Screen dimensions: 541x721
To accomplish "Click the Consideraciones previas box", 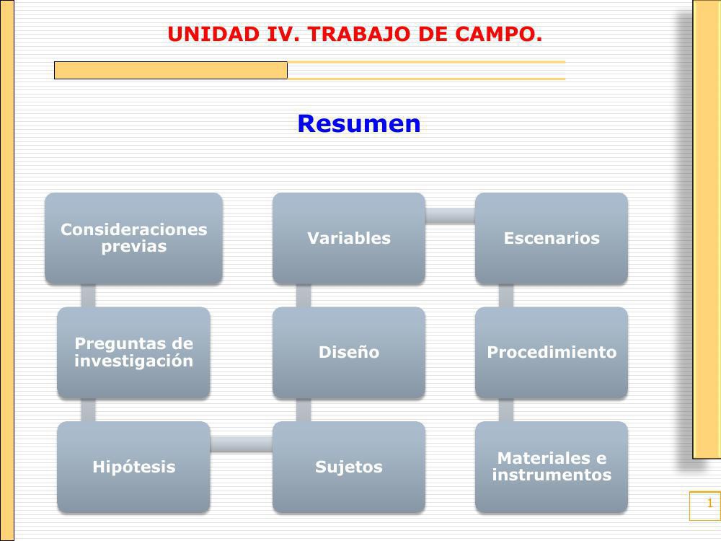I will pyautogui.click(x=133, y=238).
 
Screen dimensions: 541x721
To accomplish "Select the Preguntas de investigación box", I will pyautogui.click(x=133, y=352).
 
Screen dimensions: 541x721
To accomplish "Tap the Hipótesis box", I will pyautogui.click(x=133, y=467).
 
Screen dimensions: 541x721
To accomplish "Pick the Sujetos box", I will pyautogui.click(x=348, y=467).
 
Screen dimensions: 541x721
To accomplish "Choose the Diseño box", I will pyautogui.click(x=348, y=352).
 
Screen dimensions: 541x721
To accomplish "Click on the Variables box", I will pyautogui.click(x=348, y=238).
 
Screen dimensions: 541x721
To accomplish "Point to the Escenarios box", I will pyautogui.click(x=551, y=238).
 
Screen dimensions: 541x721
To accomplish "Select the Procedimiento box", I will pyautogui.click(x=551, y=352).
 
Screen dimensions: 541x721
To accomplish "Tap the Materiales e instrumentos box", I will pyautogui.click(x=551, y=467).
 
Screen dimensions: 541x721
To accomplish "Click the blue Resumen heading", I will pyautogui.click(x=358, y=124).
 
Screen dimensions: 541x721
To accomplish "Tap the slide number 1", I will pyautogui.click(x=709, y=503).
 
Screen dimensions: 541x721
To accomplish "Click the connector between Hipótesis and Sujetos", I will pyautogui.click(x=241, y=444).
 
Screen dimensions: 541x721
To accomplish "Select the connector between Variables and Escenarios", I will pyautogui.click(x=450, y=215).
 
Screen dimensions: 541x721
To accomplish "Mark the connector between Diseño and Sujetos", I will pyautogui.click(x=304, y=410).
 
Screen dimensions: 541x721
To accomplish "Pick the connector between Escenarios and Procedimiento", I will pyautogui.click(x=506, y=295).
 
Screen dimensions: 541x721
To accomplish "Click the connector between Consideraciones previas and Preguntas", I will pyautogui.click(x=88, y=295).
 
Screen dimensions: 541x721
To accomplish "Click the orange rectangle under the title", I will pyautogui.click(x=171, y=70).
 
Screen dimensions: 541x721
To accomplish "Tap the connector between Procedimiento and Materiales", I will pyautogui.click(x=506, y=410).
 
